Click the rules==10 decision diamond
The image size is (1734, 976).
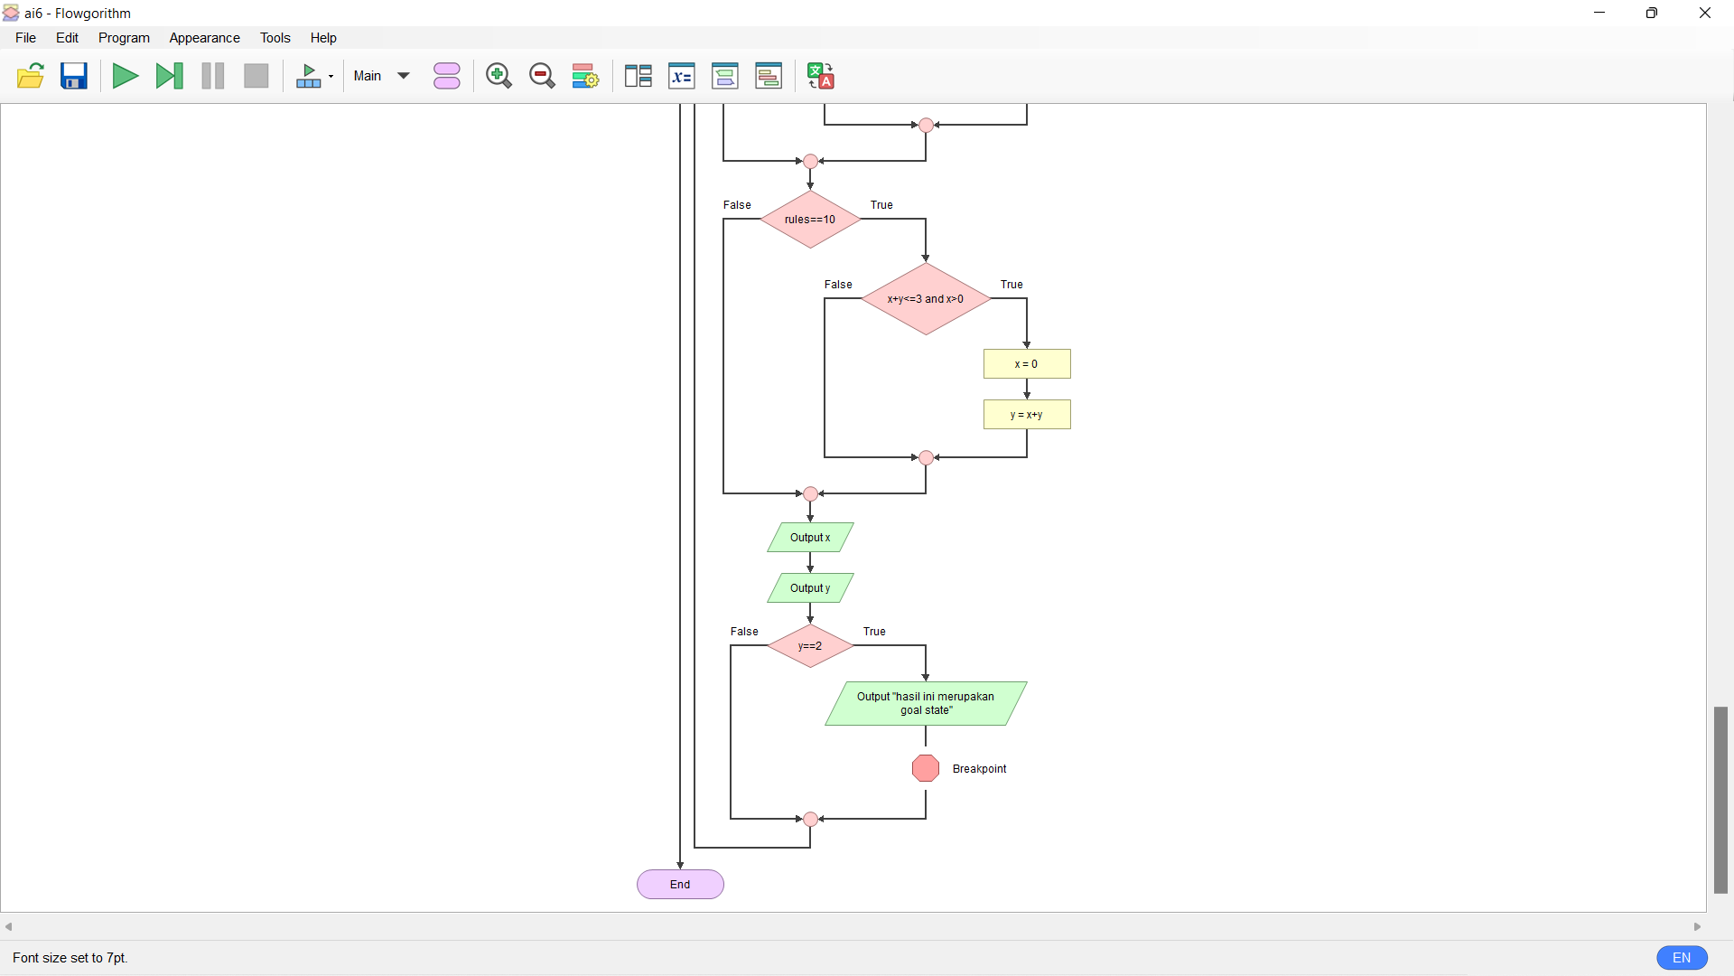[x=810, y=220]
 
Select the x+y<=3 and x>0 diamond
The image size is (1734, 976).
[x=925, y=299]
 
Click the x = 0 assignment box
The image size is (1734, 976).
[x=1027, y=364]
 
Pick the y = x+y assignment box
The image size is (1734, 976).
[x=1027, y=415]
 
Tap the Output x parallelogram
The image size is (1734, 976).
[x=810, y=538]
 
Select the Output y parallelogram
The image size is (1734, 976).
[x=810, y=588]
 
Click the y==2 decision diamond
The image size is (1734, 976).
[x=810, y=646]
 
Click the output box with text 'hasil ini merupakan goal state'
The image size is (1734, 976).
[x=925, y=703]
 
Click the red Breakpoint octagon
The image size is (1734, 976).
[x=925, y=768]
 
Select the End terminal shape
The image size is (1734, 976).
[x=680, y=885]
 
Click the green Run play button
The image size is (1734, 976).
[x=125, y=76]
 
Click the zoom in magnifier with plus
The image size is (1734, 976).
[x=499, y=76]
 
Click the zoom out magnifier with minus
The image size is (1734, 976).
[x=542, y=76]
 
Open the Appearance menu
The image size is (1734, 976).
[x=204, y=38]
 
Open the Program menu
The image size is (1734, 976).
[x=124, y=38]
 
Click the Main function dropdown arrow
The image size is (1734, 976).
[x=404, y=76]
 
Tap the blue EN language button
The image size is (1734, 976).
[x=1682, y=958]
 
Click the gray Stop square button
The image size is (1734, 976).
[x=256, y=76]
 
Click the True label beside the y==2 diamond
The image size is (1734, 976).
[x=874, y=632]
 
